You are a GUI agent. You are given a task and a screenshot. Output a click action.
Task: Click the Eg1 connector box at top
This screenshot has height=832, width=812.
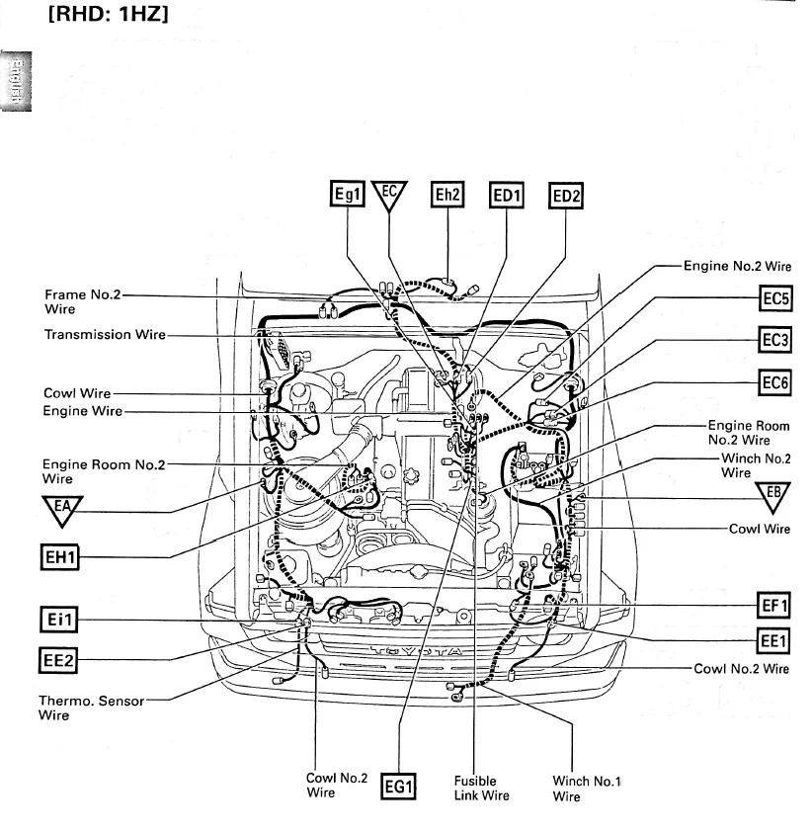349,196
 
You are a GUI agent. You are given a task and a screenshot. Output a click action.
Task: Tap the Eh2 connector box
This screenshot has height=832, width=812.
447,196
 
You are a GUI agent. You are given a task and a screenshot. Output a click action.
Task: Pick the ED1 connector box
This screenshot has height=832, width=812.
507,196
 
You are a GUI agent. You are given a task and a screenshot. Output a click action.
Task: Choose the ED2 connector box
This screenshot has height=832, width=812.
567,196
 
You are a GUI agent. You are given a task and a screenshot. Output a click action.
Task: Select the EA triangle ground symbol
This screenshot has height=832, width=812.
62,510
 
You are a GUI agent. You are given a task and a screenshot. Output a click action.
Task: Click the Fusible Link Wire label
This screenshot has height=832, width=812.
481,788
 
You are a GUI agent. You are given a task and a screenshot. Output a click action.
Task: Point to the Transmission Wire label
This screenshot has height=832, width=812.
105,334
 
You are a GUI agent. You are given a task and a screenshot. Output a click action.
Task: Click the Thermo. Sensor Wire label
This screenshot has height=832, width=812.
90,707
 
